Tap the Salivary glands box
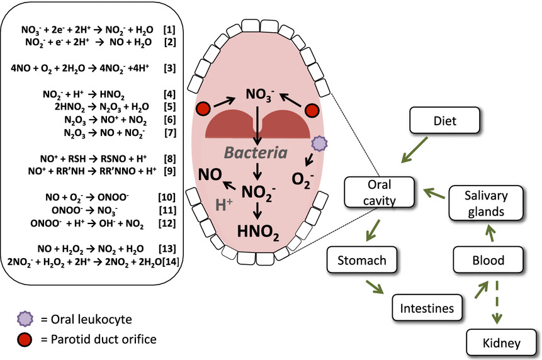coord(483,204)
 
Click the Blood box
coord(488,260)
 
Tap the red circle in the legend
coord(24,339)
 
